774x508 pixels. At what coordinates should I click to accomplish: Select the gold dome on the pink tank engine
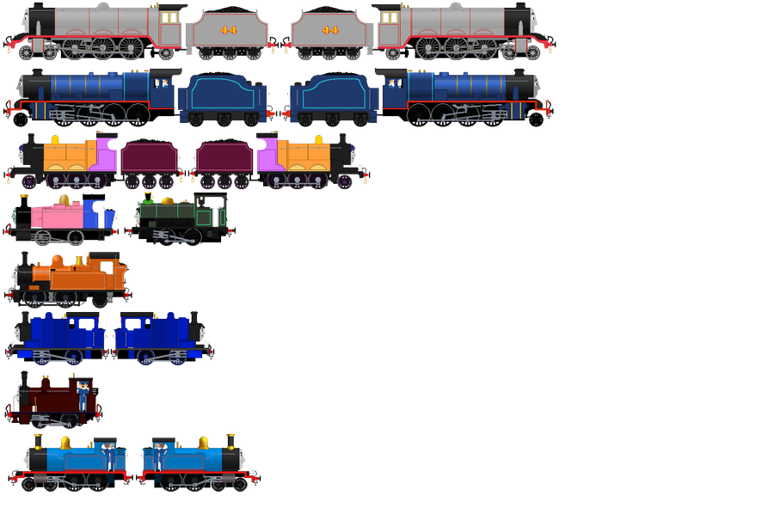tap(63, 202)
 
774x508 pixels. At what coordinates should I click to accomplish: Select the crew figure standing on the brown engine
tap(83, 395)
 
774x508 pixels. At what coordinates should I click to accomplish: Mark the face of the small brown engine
tap(15, 396)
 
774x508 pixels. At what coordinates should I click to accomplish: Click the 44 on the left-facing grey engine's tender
tap(229, 30)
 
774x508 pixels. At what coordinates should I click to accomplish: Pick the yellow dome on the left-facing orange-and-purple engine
tap(56, 139)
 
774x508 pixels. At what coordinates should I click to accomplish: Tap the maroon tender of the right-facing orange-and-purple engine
tap(224, 158)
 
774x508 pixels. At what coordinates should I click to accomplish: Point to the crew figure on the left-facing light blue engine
tap(108, 452)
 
